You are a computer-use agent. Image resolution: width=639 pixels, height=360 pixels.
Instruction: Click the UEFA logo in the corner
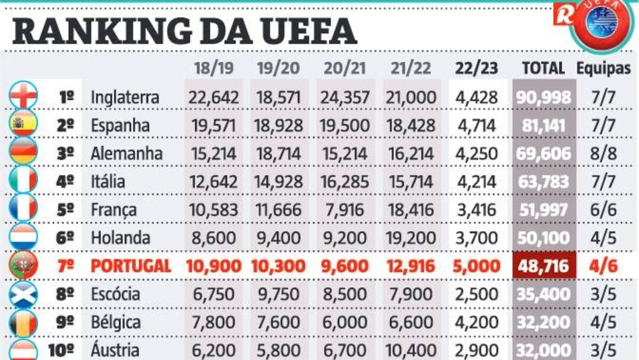tap(601, 24)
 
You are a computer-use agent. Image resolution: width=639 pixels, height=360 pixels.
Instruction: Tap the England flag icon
tap(23, 96)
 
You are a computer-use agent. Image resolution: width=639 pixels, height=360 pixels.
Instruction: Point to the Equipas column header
tap(603, 68)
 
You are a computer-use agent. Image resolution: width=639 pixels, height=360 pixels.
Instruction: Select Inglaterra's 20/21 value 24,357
tap(345, 97)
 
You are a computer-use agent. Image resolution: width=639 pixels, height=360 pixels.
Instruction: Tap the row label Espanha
tap(120, 126)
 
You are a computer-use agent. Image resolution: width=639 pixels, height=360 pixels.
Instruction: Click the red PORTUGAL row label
tap(131, 266)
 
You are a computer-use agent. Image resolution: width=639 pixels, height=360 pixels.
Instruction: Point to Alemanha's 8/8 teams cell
tap(603, 154)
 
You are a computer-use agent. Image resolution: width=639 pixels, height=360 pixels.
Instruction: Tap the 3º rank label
tap(65, 154)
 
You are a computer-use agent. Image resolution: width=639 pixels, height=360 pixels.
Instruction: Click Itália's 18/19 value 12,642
tap(213, 182)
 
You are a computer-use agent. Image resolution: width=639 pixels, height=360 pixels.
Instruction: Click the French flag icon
tap(23, 209)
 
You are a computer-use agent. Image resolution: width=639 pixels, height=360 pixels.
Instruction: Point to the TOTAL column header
tap(543, 68)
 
